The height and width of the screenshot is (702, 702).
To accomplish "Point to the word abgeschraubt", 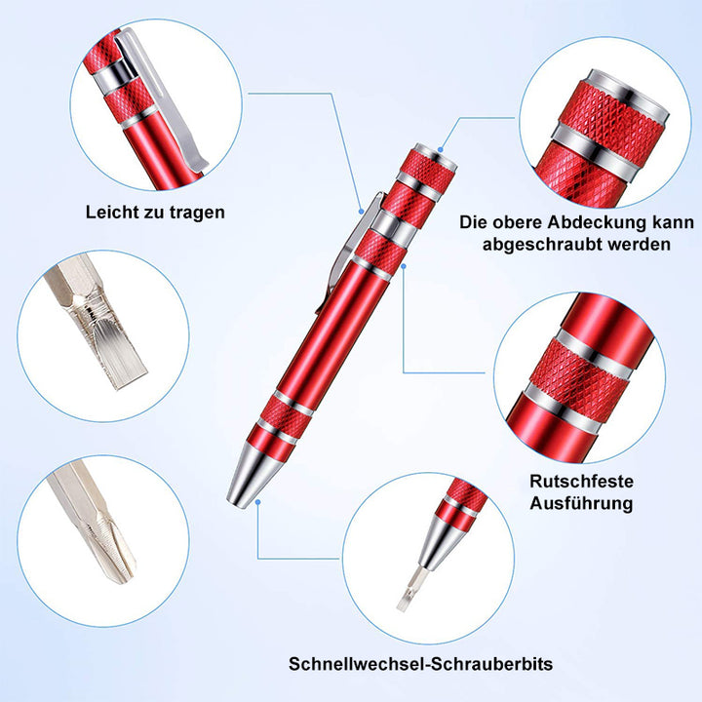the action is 539,245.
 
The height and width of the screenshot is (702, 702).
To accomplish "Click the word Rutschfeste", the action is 581,482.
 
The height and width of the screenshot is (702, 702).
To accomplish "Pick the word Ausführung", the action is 581,503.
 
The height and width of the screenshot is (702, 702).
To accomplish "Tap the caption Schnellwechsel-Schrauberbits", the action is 420,664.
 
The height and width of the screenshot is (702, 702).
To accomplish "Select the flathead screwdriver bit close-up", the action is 97,321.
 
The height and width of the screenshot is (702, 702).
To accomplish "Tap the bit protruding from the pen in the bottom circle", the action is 409,588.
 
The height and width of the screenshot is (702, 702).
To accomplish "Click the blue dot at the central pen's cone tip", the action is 257,502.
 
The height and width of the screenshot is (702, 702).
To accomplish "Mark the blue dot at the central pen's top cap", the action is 441,149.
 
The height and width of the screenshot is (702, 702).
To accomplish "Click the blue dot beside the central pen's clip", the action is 361,211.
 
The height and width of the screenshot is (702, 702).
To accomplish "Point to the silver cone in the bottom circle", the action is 441,542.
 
